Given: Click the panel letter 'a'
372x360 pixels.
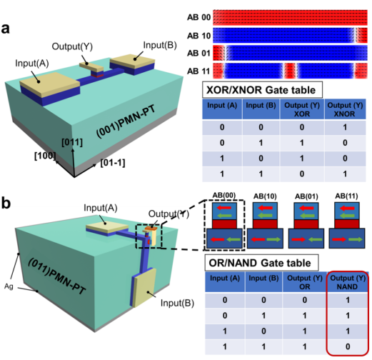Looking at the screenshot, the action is point(6,29).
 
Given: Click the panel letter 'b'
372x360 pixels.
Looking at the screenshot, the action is point(6,203).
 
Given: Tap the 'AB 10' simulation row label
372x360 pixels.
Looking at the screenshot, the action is point(198,36).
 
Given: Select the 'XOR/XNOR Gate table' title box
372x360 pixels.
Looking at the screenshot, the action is point(262,90).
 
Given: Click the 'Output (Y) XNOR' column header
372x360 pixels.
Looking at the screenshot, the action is point(345,109).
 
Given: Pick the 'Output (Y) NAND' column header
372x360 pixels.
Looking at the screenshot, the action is point(348,282).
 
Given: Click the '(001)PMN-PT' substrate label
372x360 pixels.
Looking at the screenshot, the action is point(126,121).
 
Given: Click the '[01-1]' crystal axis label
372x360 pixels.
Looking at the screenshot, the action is point(113,163).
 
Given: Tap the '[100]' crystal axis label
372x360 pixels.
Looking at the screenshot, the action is point(45,156).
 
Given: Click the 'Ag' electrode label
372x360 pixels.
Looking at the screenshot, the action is point(9,286).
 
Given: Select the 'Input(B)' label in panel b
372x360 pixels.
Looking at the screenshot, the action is point(177,303).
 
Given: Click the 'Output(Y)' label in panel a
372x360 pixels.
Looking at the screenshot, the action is point(72,46).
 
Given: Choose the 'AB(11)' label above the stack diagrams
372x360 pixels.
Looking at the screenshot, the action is point(346,196).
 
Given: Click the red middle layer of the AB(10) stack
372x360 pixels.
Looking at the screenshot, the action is point(265,224).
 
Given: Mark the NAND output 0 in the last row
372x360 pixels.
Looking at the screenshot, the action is point(348,346).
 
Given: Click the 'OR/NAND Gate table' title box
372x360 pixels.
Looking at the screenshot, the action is point(261,263).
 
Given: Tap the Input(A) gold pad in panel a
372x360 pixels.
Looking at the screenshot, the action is point(49,84).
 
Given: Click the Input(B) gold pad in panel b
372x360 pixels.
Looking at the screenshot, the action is point(145,287).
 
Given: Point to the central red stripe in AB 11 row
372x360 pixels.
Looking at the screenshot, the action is point(290,71).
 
